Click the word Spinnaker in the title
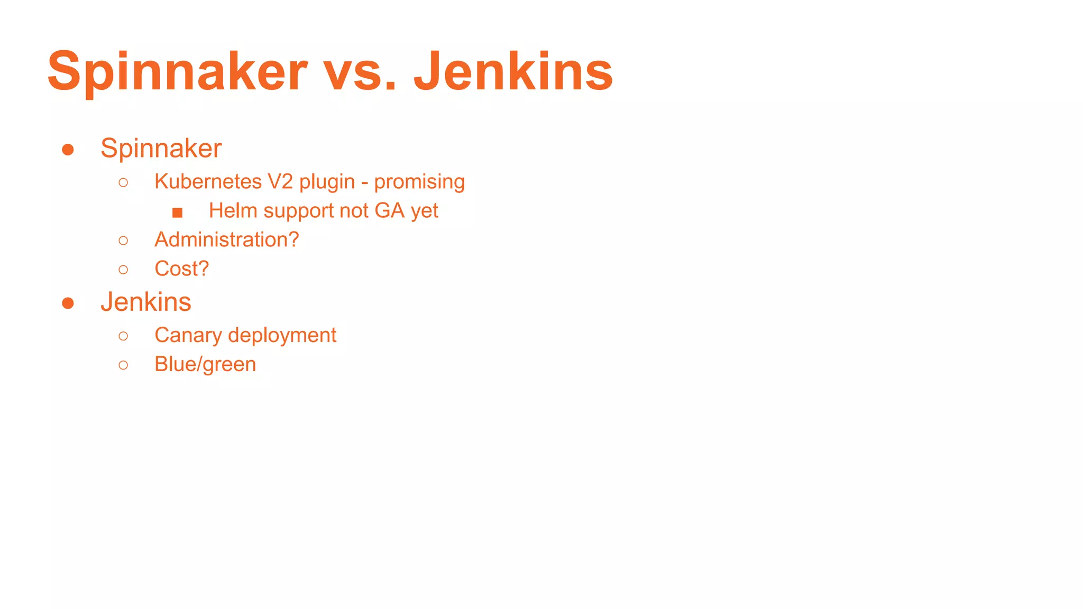tap(177, 71)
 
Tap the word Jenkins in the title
tap(513, 71)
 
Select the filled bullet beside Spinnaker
tap(68, 150)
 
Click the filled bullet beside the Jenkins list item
tap(68, 303)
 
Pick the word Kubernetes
tap(208, 181)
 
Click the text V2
tap(280, 181)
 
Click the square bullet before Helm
tap(177, 213)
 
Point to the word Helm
tap(233, 210)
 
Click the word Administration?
tap(226, 239)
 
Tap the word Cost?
tap(181, 269)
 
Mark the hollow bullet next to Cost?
tap(123, 270)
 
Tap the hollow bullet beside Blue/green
tap(123, 365)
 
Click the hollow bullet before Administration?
tap(123, 241)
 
